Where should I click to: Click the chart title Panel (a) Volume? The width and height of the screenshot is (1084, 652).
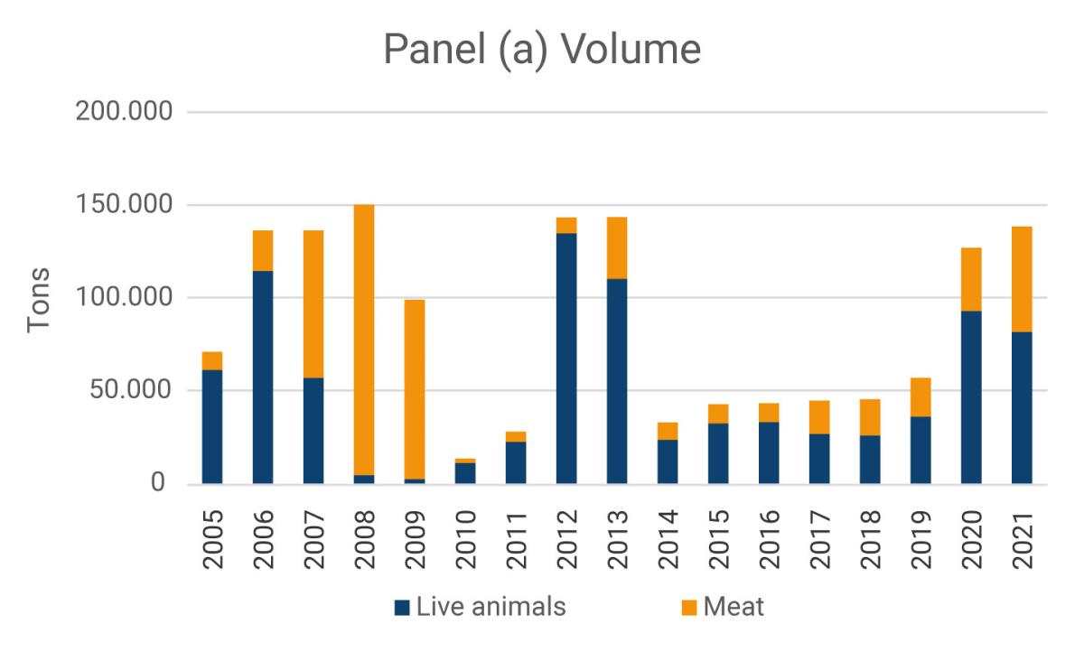(542, 49)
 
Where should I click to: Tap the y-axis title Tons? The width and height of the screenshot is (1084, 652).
(39, 300)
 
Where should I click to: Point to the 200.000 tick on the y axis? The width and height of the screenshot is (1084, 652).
(126, 113)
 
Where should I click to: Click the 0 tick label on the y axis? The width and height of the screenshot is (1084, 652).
(159, 484)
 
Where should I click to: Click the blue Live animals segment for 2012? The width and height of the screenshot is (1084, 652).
(566, 359)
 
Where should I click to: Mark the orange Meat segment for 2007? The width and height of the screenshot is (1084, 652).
(313, 303)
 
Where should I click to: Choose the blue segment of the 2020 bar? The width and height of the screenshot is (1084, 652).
(971, 397)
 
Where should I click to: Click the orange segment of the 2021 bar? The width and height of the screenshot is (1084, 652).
(1022, 279)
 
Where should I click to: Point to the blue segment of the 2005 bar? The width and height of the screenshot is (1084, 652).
(212, 427)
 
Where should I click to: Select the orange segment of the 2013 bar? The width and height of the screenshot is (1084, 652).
(617, 248)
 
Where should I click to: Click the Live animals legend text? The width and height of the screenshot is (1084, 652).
(491, 607)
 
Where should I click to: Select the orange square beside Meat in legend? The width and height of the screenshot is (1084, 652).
(688, 607)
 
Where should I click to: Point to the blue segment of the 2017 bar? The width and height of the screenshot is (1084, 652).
(819, 459)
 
